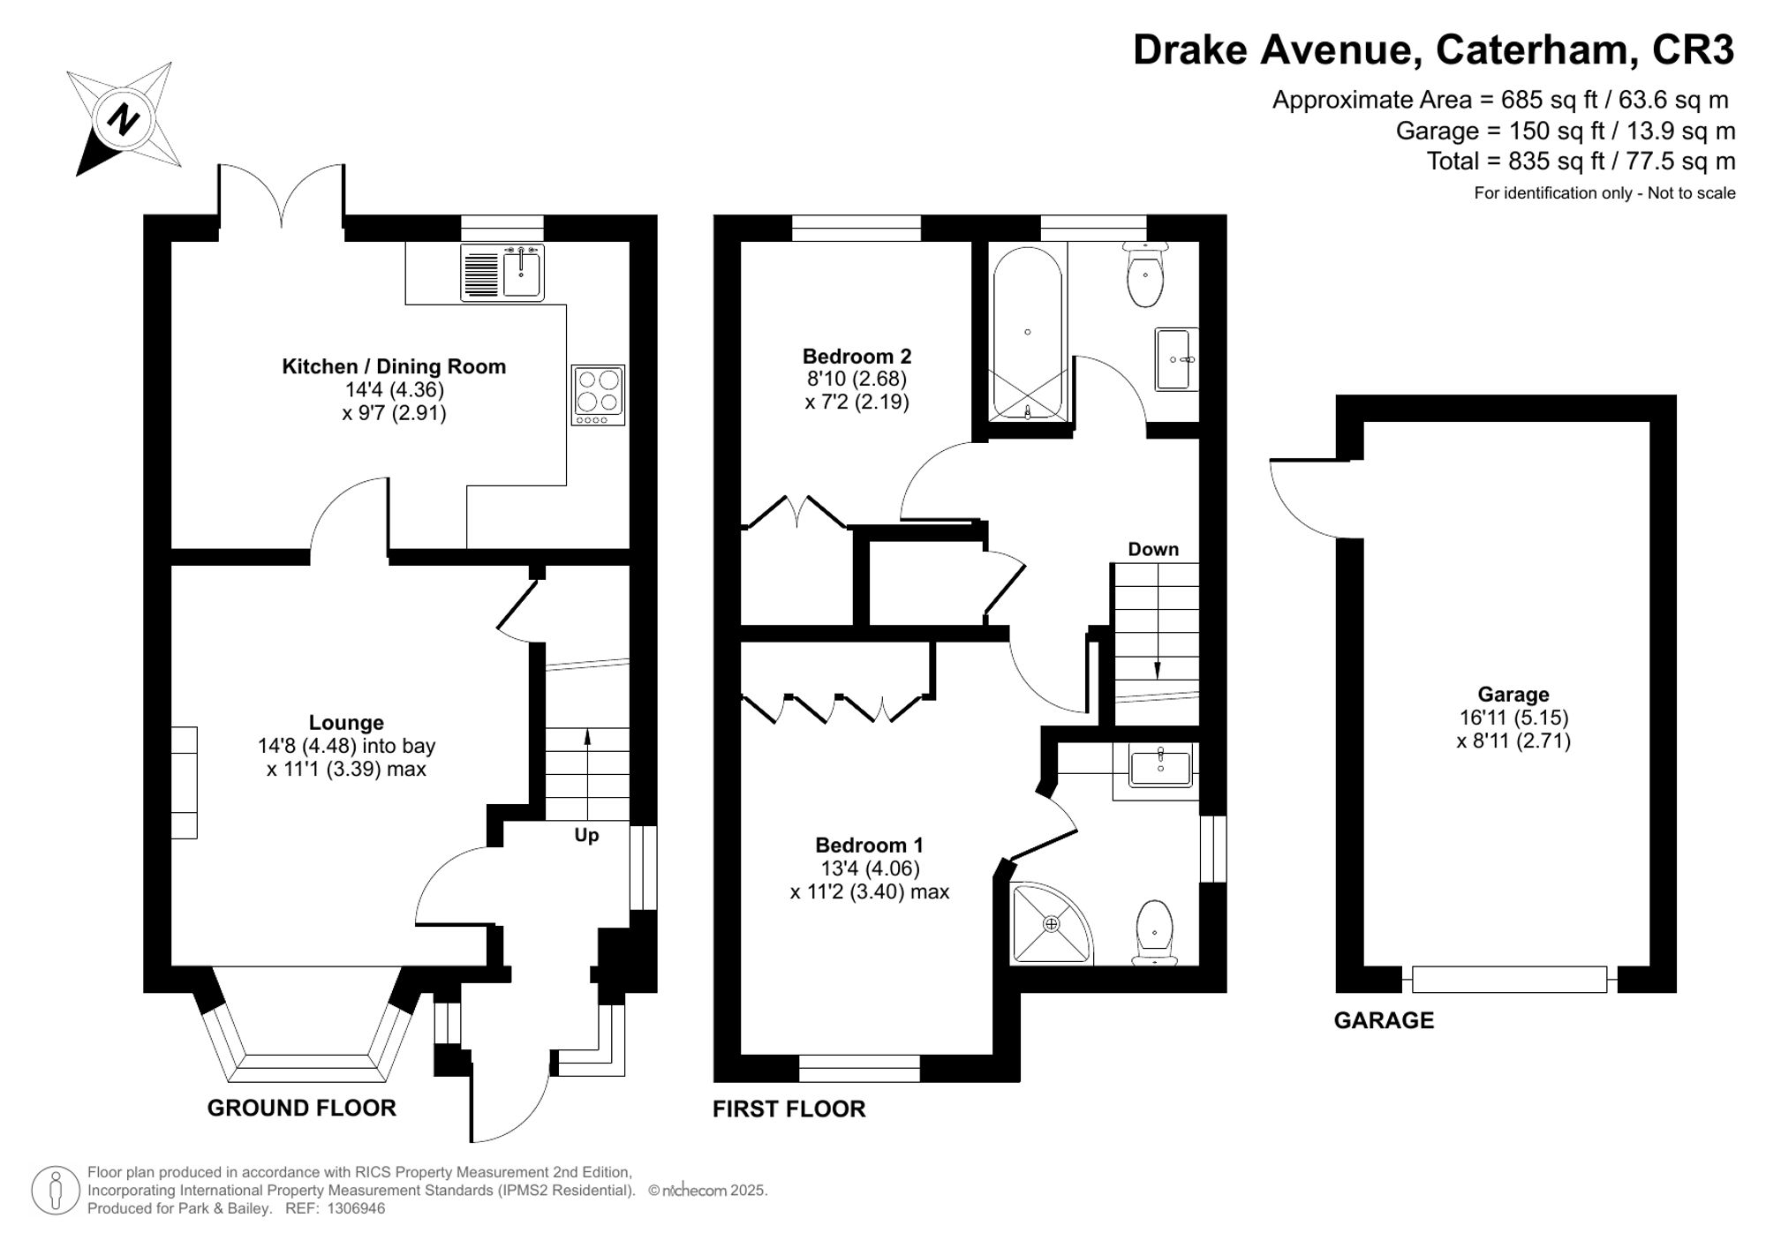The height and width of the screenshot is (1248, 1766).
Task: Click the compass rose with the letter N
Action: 125,117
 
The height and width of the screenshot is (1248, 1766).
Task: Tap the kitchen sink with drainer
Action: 502,273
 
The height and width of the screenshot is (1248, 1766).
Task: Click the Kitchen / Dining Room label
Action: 394,366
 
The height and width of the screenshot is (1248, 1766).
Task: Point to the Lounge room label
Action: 346,723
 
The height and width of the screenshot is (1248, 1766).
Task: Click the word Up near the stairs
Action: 586,835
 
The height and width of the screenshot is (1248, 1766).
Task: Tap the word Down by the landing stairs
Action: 1153,549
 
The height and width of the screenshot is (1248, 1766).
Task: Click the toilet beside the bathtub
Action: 1145,274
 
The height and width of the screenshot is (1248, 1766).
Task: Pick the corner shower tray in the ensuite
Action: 1050,924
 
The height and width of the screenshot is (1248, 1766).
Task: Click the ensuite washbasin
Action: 1160,764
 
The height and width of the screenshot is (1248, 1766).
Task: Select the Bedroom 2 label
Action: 857,357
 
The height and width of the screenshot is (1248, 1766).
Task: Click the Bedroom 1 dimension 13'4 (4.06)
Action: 870,868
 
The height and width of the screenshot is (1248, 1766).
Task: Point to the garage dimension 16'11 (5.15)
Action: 1513,718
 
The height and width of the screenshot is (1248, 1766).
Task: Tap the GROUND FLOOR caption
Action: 301,1108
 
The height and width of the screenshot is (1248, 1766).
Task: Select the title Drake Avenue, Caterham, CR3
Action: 1432,50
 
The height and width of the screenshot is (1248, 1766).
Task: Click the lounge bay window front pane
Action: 307,1067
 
